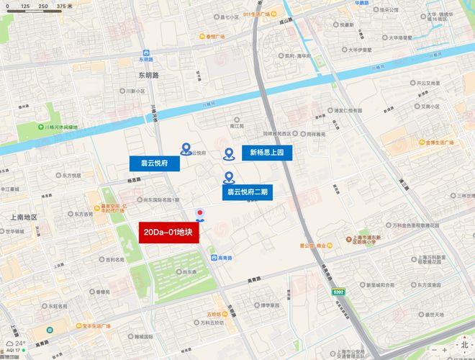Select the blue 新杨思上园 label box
[267, 153]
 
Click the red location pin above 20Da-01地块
[200, 213]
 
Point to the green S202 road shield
[339, 292]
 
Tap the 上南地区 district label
[23, 217]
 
